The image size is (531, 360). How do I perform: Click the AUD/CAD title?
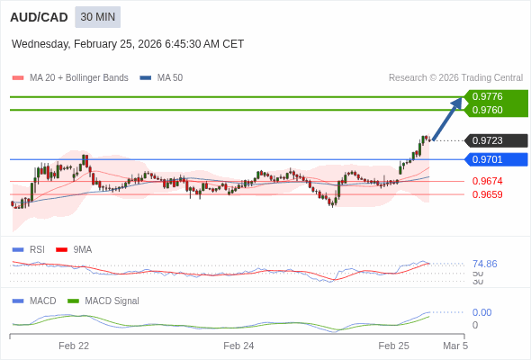point(37,17)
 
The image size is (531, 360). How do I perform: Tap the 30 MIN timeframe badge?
point(97,17)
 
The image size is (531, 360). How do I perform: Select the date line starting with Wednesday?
point(128,44)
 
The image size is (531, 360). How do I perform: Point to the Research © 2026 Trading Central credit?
point(455,78)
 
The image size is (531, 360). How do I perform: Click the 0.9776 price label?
point(487,96)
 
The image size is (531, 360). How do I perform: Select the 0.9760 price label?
point(487,110)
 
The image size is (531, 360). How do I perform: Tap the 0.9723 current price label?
point(487,140)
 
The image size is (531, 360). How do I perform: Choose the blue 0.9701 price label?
point(487,159)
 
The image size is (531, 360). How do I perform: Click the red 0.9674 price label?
point(487,181)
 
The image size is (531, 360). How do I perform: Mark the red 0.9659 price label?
point(487,194)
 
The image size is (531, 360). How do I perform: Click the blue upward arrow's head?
point(457,101)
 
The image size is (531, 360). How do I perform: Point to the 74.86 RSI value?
point(484,264)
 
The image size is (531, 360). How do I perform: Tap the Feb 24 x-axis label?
point(238,346)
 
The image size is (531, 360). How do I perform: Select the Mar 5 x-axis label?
point(455,346)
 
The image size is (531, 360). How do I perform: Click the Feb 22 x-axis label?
point(74,346)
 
